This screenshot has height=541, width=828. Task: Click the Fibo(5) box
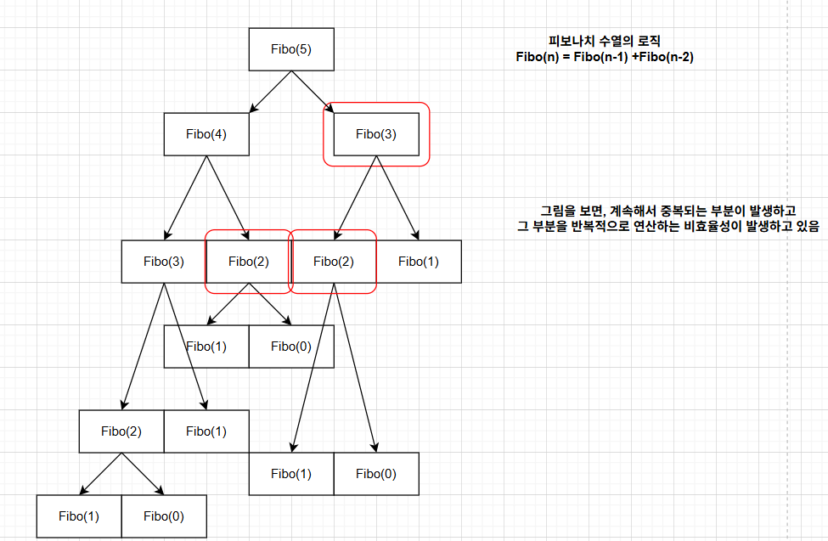291,48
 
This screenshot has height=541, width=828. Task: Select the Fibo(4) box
206,133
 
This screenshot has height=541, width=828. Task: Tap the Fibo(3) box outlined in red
376,133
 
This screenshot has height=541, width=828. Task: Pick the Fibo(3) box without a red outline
164,261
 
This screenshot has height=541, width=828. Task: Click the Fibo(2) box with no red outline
121,431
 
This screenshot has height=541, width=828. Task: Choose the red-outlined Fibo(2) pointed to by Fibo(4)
249,261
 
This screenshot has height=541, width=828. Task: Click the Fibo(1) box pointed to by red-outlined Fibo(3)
419,261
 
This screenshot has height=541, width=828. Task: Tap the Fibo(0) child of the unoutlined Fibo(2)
164,516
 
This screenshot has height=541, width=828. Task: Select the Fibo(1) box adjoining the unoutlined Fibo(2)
206,431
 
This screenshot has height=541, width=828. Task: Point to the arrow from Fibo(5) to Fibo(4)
271,92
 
